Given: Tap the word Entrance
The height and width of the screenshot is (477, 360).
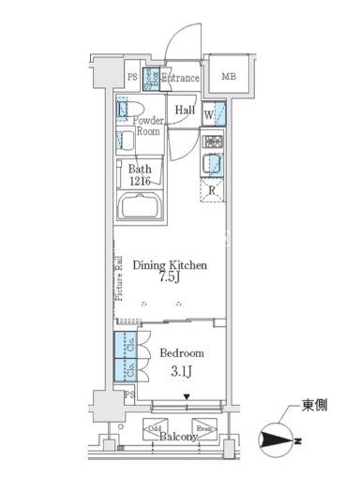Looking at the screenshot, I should [179, 79].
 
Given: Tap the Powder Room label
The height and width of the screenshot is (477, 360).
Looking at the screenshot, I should [146, 127].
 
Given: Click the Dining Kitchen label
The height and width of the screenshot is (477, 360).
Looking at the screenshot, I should [169, 266].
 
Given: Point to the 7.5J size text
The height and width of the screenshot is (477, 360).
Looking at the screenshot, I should [169, 279].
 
